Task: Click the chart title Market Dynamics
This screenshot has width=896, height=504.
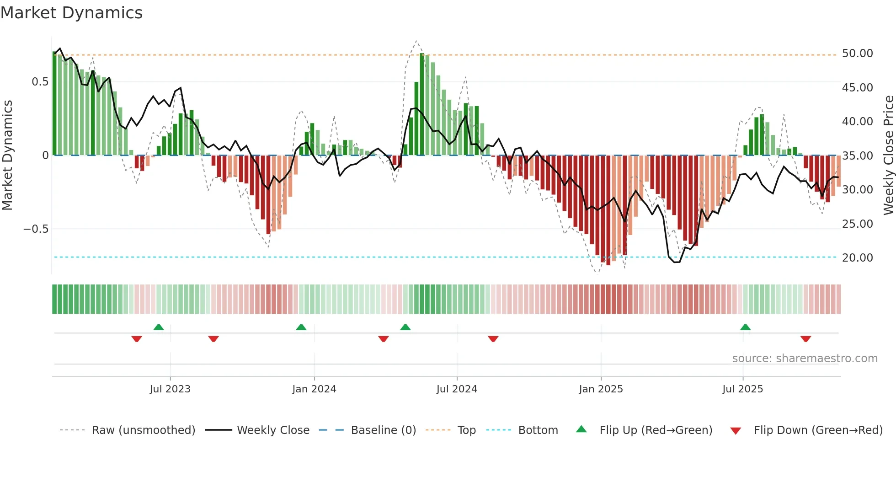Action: pos(72,13)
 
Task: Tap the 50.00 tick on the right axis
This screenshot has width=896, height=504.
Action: pos(857,54)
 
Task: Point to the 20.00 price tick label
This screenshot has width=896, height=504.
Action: pos(857,258)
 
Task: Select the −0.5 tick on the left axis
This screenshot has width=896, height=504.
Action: pos(36,229)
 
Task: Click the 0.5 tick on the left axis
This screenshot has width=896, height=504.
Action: pos(40,82)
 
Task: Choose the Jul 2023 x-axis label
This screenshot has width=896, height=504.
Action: pos(170,389)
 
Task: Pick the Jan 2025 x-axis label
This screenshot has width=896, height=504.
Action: pos(601,389)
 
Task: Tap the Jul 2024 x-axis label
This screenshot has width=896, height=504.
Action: pos(457,389)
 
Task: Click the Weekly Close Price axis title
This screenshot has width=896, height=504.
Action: pos(888,155)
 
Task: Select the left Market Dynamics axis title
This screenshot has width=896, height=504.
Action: pos(7,155)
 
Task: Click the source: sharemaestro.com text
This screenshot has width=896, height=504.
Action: pos(805,359)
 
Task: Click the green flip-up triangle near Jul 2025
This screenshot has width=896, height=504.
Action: pos(745,327)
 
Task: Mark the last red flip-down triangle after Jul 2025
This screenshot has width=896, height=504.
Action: pos(805,339)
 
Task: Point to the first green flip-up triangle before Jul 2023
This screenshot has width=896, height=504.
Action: pos(159,327)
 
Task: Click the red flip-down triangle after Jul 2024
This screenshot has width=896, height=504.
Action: pos(493,339)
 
